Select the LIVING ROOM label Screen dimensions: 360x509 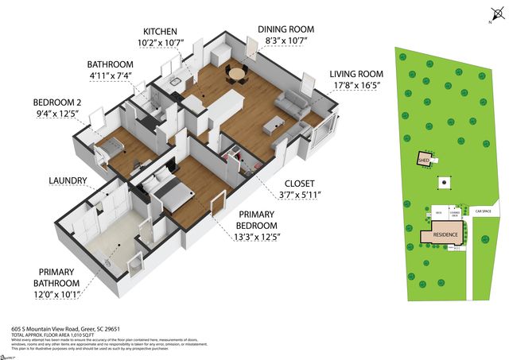[x=357, y=75]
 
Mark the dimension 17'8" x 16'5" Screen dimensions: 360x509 [x=357, y=87]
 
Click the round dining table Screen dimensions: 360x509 [x=236, y=74]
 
